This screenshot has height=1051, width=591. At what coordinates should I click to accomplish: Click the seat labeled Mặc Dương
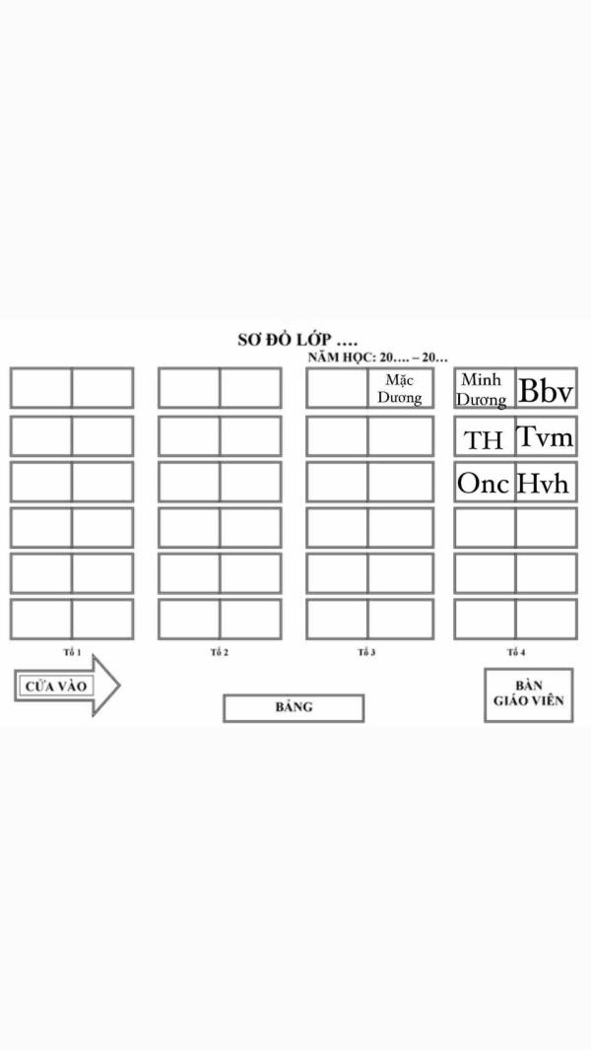(x=400, y=388)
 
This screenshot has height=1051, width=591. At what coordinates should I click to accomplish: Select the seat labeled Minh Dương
(x=485, y=388)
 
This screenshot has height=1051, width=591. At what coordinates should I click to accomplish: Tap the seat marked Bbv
(x=546, y=388)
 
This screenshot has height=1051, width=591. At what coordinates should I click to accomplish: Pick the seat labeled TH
(x=485, y=436)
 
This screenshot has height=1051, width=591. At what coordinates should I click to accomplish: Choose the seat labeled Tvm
(x=546, y=436)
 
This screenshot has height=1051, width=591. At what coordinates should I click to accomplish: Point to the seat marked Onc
(x=485, y=482)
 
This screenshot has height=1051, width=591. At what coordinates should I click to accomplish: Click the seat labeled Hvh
(x=546, y=482)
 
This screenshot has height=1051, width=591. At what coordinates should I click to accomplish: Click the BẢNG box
(x=294, y=708)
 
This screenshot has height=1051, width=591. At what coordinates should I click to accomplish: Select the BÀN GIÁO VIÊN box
(x=529, y=694)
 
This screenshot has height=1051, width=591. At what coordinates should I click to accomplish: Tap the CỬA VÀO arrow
(x=67, y=686)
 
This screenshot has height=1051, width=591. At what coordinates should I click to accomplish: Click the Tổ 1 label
(x=72, y=652)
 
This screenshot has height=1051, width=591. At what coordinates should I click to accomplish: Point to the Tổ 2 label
(x=219, y=652)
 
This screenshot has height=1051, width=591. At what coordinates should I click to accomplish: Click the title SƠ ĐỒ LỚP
(x=297, y=340)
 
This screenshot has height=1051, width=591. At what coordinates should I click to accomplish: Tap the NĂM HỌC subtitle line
(x=378, y=358)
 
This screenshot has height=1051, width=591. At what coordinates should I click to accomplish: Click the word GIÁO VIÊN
(x=529, y=701)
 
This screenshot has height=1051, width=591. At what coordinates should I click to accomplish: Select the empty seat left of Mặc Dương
(x=337, y=388)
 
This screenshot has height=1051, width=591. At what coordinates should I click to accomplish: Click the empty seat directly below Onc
(x=485, y=528)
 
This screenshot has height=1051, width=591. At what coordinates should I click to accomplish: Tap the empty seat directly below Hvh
(x=546, y=528)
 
